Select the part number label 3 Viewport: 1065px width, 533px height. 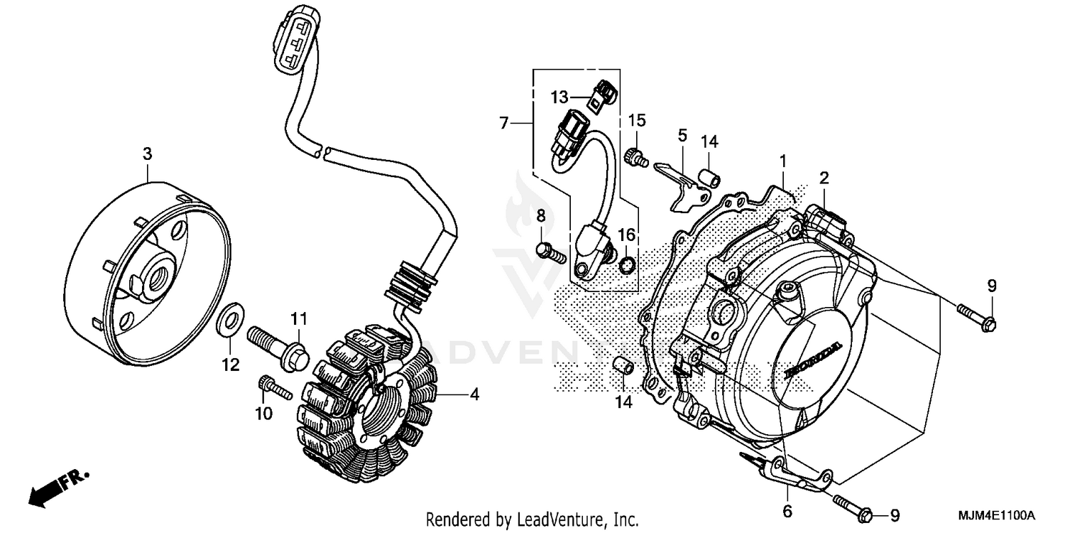[x=147, y=154]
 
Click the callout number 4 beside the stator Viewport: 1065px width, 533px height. [x=474, y=394]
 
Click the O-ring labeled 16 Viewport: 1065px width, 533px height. [x=626, y=265]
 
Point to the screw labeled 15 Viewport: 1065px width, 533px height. [x=636, y=158]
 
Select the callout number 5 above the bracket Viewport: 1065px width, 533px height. [x=682, y=134]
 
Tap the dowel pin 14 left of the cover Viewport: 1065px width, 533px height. [x=622, y=367]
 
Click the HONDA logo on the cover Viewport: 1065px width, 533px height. [x=815, y=359]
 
